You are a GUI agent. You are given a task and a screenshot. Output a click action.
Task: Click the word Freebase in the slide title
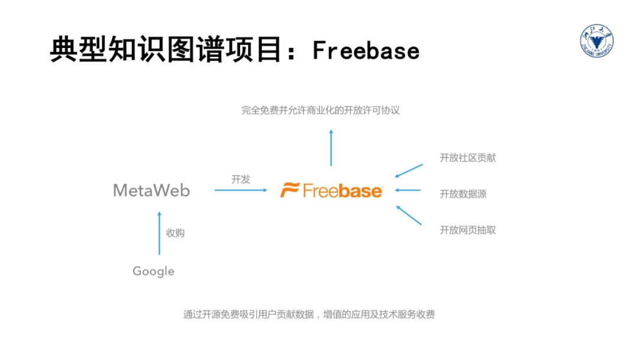pos(366,50)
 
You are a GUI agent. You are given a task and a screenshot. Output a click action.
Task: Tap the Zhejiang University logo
pos(596,42)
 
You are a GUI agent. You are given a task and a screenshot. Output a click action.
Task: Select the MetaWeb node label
pos(151,191)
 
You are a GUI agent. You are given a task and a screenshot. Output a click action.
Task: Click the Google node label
pos(153,271)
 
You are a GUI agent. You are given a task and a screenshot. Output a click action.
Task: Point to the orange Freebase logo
pos(331,191)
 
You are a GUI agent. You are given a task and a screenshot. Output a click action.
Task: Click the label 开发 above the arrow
pos(241,179)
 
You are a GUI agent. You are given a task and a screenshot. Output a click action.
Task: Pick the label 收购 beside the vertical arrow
pos(175,233)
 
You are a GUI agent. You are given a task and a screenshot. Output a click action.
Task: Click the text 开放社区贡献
pos(467,157)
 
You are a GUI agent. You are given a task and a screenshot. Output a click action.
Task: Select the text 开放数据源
pos(463,194)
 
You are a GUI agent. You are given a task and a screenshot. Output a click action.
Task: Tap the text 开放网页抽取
pos(467,230)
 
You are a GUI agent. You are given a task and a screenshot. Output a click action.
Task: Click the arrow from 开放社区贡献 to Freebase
pos(409,171)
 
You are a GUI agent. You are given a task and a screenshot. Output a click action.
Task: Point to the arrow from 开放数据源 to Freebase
pos(408,190)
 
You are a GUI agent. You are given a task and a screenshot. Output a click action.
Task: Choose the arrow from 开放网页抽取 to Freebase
pos(409,215)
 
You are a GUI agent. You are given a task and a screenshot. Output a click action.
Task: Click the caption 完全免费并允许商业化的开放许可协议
pos(320,110)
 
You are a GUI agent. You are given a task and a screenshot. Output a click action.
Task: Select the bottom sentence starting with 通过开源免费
pos(309,314)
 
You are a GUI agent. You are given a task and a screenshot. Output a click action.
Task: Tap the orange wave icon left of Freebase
pos(290,191)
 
